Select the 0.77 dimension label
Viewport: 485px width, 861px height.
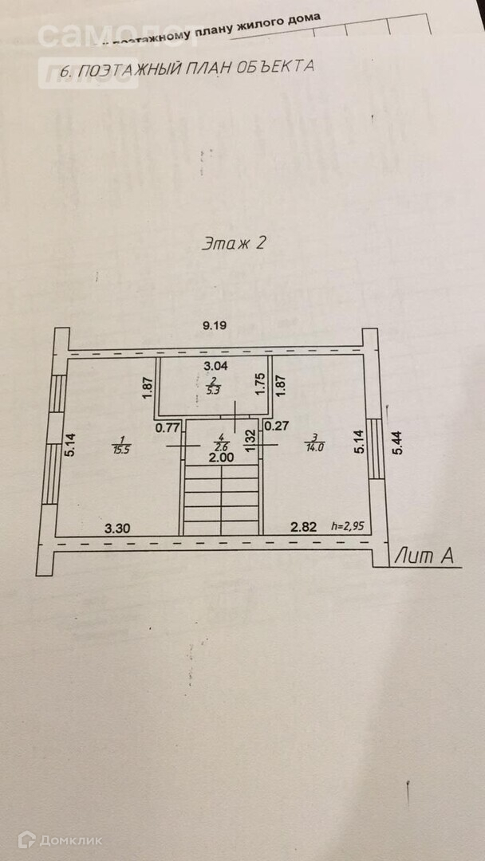click(167, 427)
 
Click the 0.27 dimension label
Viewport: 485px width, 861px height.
click(276, 427)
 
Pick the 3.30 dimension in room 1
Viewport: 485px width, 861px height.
click(118, 527)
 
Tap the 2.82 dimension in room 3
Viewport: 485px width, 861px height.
click(303, 527)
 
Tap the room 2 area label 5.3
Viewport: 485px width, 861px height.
click(213, 391)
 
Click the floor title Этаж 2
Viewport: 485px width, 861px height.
click(233, 244)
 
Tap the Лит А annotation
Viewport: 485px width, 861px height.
click(428, 556)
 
